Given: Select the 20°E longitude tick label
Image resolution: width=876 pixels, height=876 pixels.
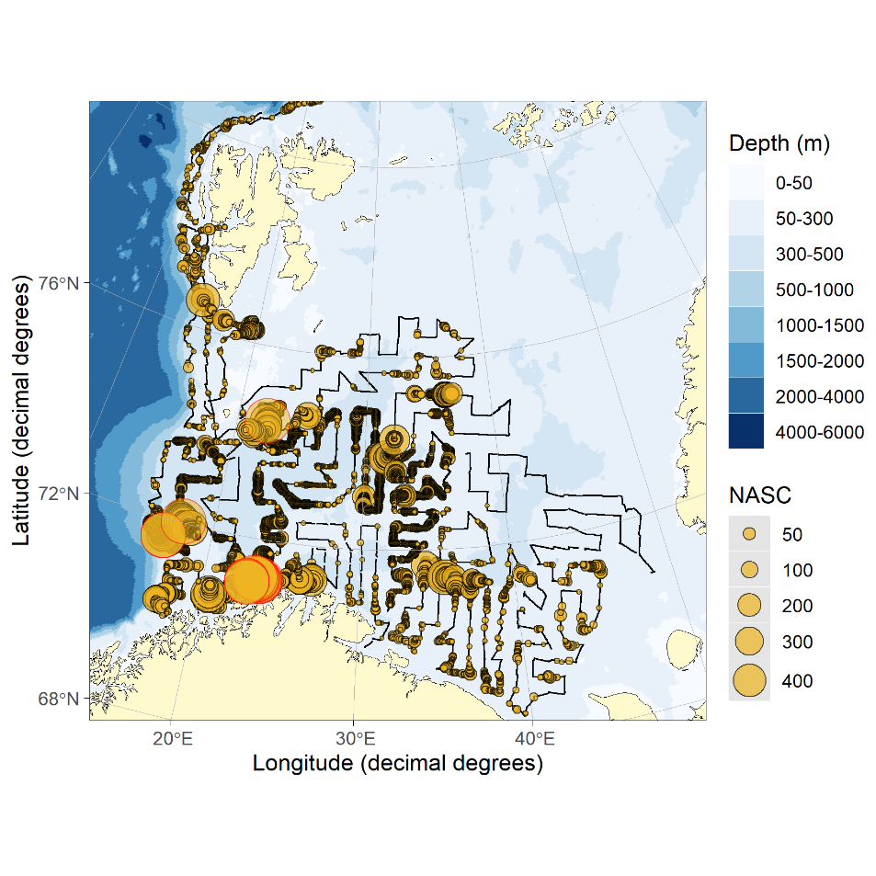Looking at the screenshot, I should pyautogui.click(x=173, y=739).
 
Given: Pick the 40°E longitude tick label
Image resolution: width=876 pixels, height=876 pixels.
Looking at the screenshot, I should pyautogui.click(x=534, y=739).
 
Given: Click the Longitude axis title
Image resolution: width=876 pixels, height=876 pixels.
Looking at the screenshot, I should pyautogui.click(x=398, y=764).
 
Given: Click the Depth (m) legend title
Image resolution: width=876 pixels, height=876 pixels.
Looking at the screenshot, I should pyautogui.click(x=779, y=143).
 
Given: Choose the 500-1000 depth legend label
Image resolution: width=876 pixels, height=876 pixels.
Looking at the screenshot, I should pyautogui.click(x=814, y=290).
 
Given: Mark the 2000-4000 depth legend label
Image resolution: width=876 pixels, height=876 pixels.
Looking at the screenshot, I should pyautogui.click(x=820, y=396).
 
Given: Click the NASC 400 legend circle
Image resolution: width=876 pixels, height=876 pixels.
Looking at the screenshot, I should pyautogui.click(x=749, y=680).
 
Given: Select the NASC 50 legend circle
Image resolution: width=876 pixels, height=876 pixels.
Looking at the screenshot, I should pyautogui.click(x=749, y=534).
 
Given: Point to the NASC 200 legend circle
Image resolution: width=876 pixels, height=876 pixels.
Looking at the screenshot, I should pyautogui.click(x=749, y=606).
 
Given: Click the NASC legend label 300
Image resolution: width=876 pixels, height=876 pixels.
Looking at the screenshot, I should pyautogui.click(x=797, y=642).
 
